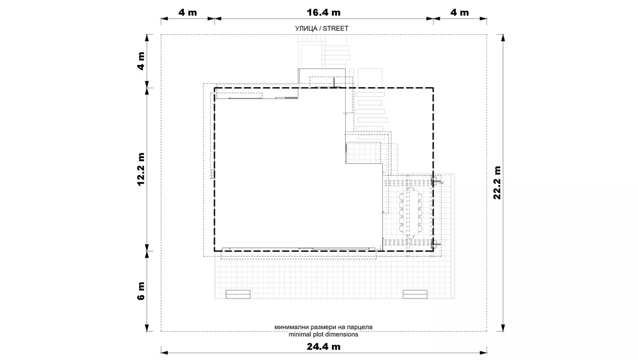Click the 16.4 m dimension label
pos(324,13)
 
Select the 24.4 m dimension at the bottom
pos(324,346)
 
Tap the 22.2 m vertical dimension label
pos(497,183)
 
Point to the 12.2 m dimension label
pos(141,169)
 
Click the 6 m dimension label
pos(141,291)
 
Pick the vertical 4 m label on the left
pos(141,61)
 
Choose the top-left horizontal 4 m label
pos(187,13)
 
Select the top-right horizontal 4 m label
pos(460,13)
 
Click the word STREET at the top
pos(336,28)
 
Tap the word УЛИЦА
pos(306,28)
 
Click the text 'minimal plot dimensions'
pos(324,334)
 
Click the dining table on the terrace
pos(411,212)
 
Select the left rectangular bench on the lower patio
pos(238,294)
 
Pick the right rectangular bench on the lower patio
pos(415,294)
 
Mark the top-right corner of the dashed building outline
pos(433,88)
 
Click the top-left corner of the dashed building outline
pos(214,88)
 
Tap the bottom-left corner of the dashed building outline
pos(214,251)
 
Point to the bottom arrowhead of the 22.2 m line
pos(504,328)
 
